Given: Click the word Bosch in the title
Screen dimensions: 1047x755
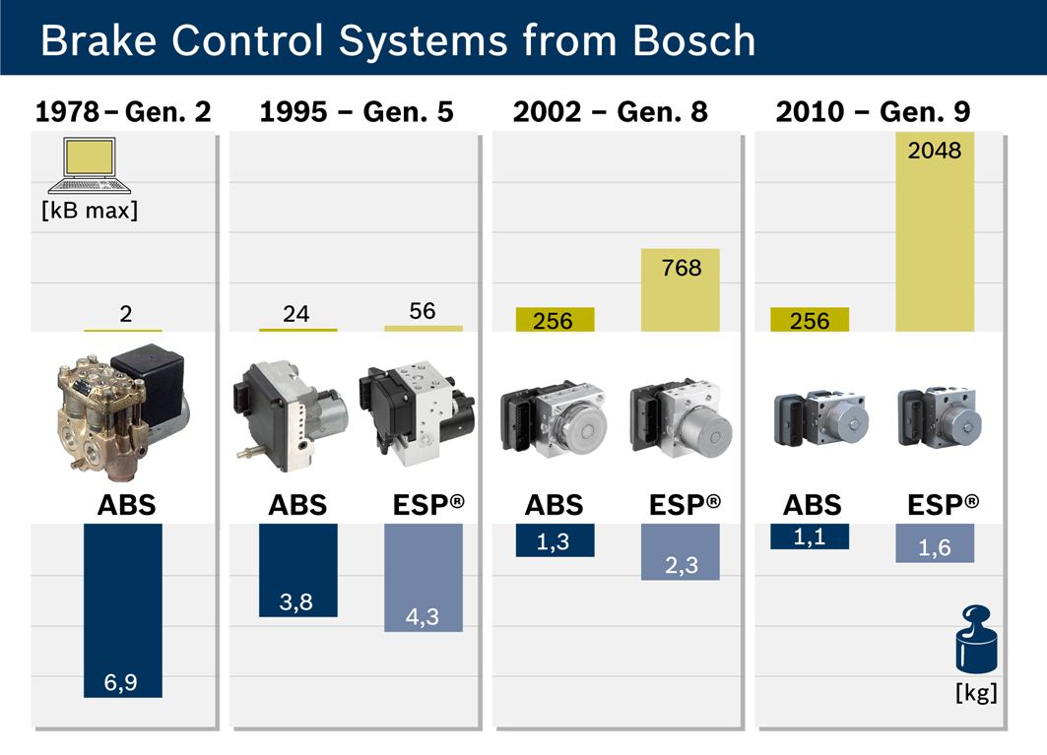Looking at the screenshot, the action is (x=693, y=40).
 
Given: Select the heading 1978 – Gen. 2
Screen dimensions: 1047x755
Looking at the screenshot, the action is (x=123, y=111).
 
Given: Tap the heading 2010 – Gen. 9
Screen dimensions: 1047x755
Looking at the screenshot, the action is (x=873, y=111).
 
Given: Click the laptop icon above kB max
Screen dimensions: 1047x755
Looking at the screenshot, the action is (x=90, y=165).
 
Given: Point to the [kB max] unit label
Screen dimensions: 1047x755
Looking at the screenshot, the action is (x=90, y=211).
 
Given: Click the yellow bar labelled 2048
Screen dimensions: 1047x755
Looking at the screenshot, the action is (x=935, y=231).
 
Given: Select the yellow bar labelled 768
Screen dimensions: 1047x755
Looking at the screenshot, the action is (x=681, y=289).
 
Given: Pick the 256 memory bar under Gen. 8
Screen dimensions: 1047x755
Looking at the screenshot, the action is (x=555, y=319).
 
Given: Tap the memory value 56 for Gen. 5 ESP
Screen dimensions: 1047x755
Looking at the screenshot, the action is (x=422, y=310).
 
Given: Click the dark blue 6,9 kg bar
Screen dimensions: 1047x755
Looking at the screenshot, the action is (x=123, y=611).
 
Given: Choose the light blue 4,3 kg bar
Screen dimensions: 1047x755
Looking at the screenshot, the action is (x=424, y=578).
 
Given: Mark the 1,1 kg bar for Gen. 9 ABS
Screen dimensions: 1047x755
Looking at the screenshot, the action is (x=810, y=536).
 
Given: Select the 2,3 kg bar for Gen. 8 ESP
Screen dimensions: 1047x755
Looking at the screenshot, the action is (x=681, y=552).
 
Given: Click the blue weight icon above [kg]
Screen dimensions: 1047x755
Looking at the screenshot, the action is (x=976, y=639).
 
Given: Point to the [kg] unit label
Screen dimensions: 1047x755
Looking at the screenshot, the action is (x=976, y=692).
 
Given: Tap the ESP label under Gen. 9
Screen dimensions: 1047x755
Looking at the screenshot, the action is (x=943, y=505).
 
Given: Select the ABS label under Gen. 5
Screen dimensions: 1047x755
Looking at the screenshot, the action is (x=297, y=505).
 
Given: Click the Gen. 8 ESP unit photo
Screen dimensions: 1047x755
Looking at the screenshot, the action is (x=681, y=418).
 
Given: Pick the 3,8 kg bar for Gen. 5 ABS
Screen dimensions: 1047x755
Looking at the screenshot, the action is (x=297, y=570).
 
